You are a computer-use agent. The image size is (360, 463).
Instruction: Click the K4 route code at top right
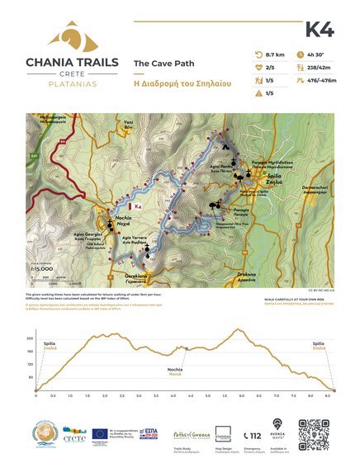(319, 30)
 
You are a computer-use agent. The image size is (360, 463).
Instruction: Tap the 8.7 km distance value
(273, 54)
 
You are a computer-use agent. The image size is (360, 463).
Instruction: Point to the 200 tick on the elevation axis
(30, 339)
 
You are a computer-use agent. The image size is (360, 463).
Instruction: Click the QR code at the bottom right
(313, 434)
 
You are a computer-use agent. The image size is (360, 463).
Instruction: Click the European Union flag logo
(100, 432)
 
